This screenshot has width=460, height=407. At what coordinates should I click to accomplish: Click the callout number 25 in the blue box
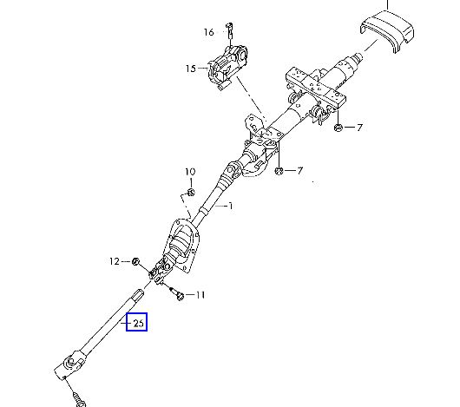[x=139, y=323]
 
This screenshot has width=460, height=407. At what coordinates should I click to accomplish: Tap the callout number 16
[x=209, y=32]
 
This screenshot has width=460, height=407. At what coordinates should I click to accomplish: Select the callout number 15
[x=191, y=69]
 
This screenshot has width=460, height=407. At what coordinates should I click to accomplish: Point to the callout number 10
[x=190, y=172]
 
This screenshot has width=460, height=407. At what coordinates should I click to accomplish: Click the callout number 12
[x=115, y=261]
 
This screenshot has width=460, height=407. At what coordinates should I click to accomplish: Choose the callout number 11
[x=200, y=295]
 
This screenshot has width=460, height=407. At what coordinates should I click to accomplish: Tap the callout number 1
[x=231, y=207]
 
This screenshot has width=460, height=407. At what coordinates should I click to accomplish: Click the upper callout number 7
[x=359, y=128]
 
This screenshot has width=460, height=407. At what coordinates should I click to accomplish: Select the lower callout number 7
[x=299, y=170]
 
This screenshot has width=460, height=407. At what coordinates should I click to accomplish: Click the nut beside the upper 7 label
[x=338, y=128]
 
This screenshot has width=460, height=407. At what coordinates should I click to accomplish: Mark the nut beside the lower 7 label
[x=279, y=171]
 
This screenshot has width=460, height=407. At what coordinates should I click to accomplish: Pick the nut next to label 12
[x=135, y=261]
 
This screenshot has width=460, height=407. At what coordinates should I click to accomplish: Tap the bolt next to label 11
[x=176, y=293]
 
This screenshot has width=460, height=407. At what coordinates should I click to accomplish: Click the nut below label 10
[x=191, y=193]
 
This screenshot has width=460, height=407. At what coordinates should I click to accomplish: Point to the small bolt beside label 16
[x=230, y=30]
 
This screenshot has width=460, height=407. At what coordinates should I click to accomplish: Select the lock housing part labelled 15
[x=227, y=68]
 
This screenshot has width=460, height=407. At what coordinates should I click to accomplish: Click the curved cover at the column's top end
[x=386, y=30]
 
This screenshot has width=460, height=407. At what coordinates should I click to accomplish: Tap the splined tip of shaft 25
[x=139, y=294]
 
